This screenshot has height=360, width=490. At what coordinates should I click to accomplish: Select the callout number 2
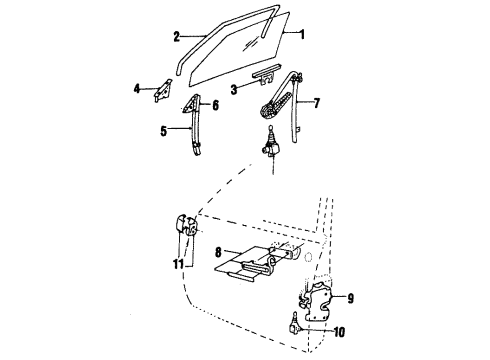click(x=176, y=38)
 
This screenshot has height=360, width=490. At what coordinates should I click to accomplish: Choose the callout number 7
click(x=317, y=103)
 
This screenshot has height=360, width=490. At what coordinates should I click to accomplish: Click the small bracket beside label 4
click(x=160, y=91)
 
